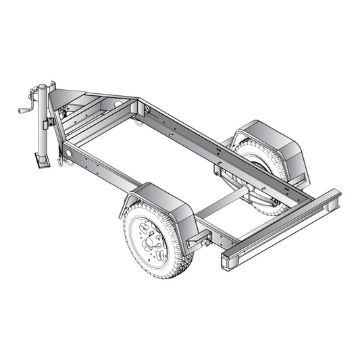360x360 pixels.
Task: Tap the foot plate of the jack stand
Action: coord(39,162)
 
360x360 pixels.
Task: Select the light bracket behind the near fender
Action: coord(200,239)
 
